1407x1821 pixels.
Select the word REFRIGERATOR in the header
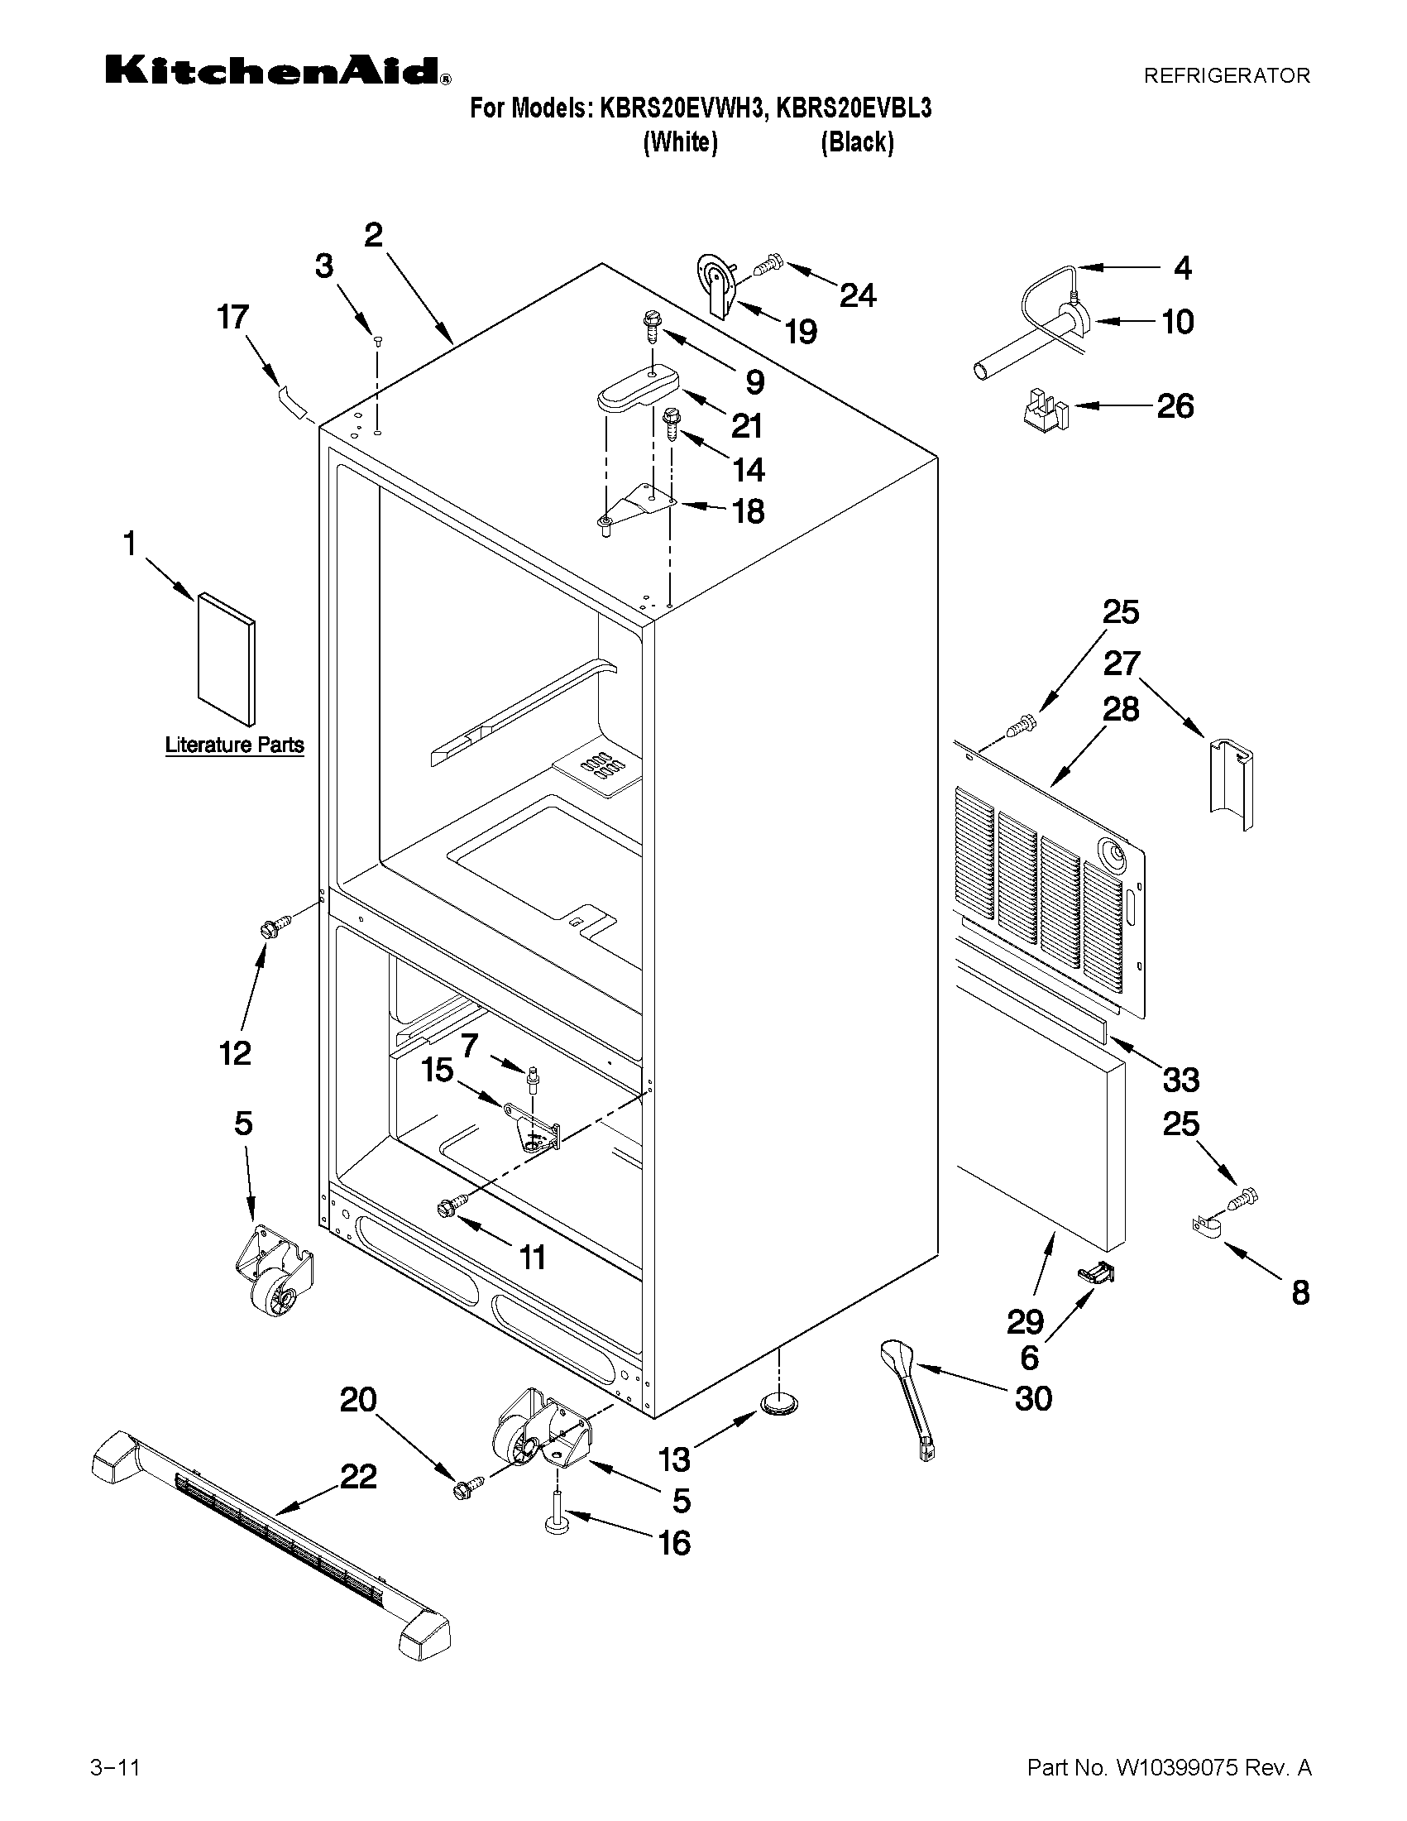(x=1226, y=76)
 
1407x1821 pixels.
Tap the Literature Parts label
(x=234, y=745)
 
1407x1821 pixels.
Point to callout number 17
(x=232, y=318)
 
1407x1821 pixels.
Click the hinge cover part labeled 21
(x=638, y=389)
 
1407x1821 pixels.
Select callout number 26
(x=1175, y=406)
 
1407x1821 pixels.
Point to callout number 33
(x=1180, y=1080)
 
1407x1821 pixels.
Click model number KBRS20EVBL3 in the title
(x=854, y=108)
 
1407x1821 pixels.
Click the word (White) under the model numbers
(x=680, y=142)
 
